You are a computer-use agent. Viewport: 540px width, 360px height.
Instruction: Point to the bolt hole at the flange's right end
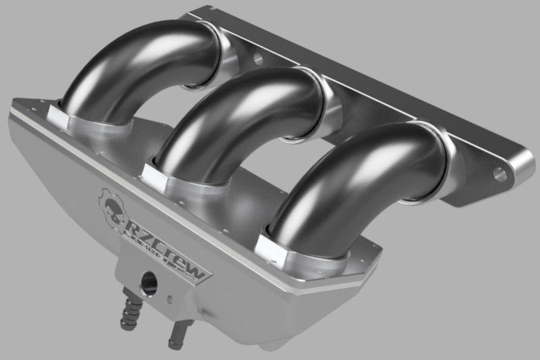pos(500,175)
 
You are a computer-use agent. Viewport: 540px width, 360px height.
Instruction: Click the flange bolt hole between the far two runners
pos(258,59)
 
